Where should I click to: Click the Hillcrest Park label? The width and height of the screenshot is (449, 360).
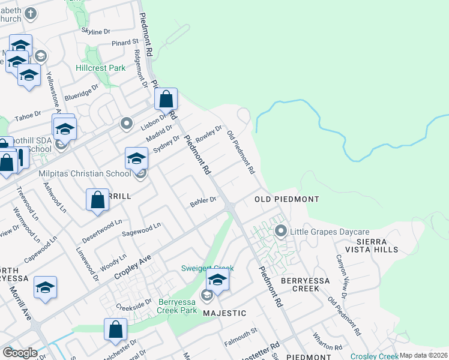coord(101,68)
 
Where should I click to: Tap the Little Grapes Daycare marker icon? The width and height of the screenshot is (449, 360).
coord(280,230)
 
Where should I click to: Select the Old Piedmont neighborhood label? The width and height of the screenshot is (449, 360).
coord(286,199)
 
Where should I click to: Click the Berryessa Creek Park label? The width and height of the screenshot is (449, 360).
coord(177,306)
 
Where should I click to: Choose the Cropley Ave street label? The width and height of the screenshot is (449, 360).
coord(133,268)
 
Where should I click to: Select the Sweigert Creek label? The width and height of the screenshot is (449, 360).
coord(208,268)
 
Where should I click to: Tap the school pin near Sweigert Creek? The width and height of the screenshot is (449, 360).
coord(217,280)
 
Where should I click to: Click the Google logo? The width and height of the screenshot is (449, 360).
coord(19,353)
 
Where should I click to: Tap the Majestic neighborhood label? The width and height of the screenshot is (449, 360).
coord(224,313)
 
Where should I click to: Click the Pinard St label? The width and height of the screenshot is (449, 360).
coord(127,42)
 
